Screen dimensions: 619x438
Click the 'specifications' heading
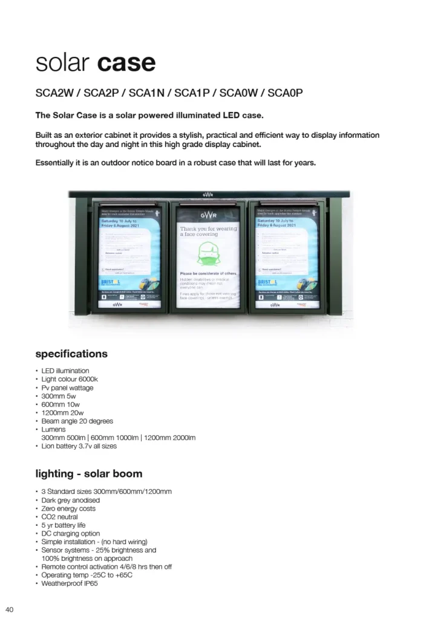[x=71, y=354]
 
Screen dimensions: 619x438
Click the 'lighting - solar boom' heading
[x=89, y=473]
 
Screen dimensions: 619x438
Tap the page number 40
[x=10, y=609]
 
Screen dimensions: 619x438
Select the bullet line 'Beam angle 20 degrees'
[x=77, y=421]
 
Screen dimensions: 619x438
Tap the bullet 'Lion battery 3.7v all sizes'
[x=79, y=446]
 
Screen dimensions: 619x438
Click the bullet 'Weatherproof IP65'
[x=70, y=584]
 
